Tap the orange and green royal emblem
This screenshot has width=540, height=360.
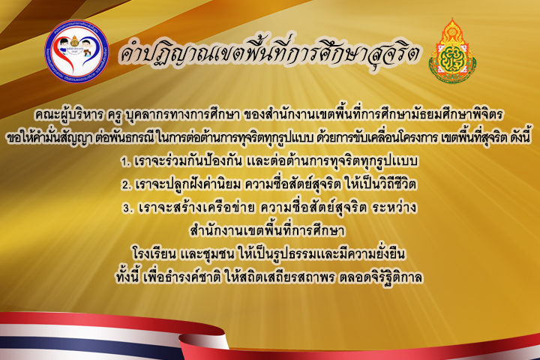point(452,52)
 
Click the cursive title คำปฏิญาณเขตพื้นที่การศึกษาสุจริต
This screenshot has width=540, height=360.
point(268,52)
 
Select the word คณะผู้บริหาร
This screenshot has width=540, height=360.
point(68,115)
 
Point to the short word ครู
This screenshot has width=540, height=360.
point(115,115)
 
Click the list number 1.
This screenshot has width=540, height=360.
point(124,162)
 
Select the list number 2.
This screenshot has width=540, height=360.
point(126,185)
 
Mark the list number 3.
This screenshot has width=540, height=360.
point(127,208)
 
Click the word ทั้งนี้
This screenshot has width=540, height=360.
point(127,277)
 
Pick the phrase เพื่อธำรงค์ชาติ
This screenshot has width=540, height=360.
point(182,277)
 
